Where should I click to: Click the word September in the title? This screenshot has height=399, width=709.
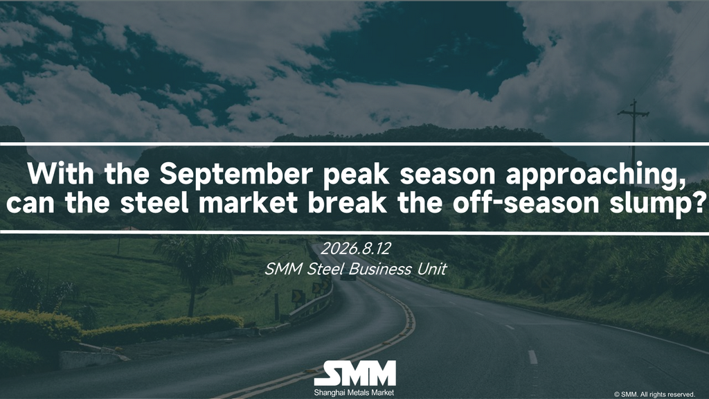(235, 174)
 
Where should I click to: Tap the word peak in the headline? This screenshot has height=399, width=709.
(356, 174)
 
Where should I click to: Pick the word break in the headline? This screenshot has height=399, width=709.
(348, 203)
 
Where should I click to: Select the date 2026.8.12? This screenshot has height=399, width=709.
(355, 249)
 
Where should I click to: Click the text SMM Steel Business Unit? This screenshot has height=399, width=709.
(355, 269)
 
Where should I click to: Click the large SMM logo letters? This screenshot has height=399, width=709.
(355, 373)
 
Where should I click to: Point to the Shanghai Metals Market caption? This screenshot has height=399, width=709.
(354, 393)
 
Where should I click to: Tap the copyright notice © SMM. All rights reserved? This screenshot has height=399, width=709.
(654, 394)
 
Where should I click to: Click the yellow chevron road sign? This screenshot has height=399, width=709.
(298, 296)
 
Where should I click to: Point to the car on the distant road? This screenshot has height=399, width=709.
(348, 276)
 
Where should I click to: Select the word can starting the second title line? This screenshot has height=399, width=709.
(30, 204)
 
